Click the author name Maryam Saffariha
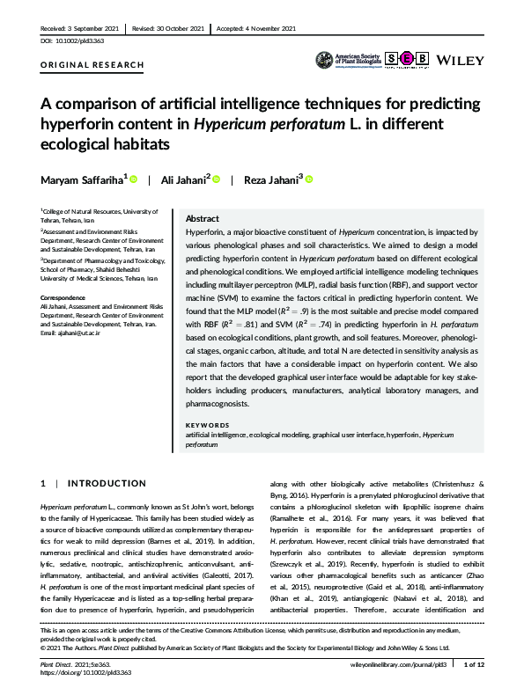pyautogui.click(x=81, y=180)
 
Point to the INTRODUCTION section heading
pyautogui.click(x=107, y=484)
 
